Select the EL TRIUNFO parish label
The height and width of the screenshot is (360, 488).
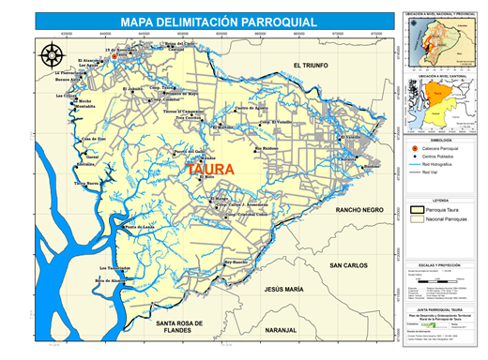tap(313, 65)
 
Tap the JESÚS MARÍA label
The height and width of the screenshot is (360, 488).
tap(285, 290)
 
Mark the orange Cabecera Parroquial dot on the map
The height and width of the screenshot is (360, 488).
tap(114, 56)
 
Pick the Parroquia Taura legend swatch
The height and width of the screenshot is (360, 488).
tap(414, 212)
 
